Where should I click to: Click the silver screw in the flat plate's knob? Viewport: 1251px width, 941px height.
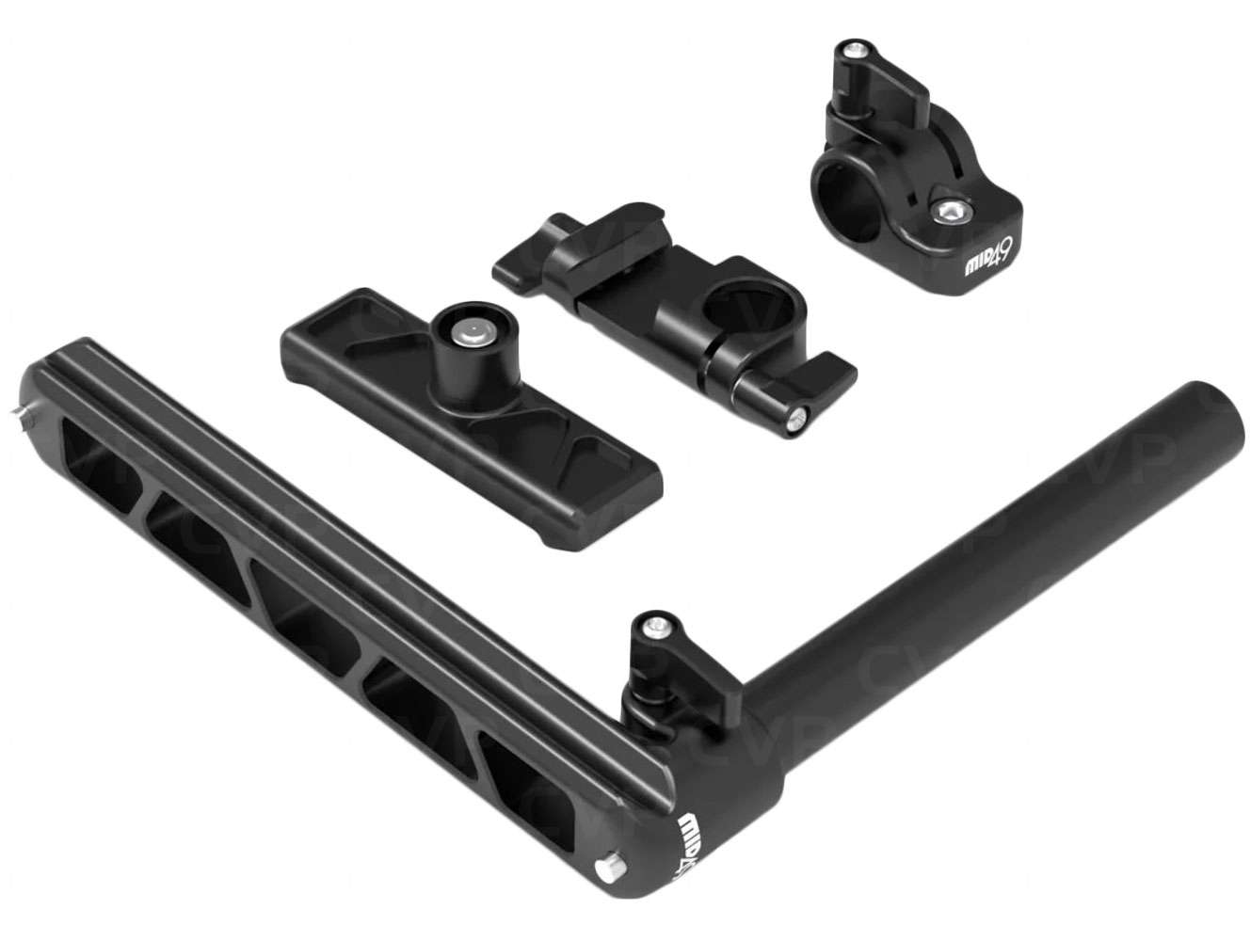pyautogui.click(x=466, y=328)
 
